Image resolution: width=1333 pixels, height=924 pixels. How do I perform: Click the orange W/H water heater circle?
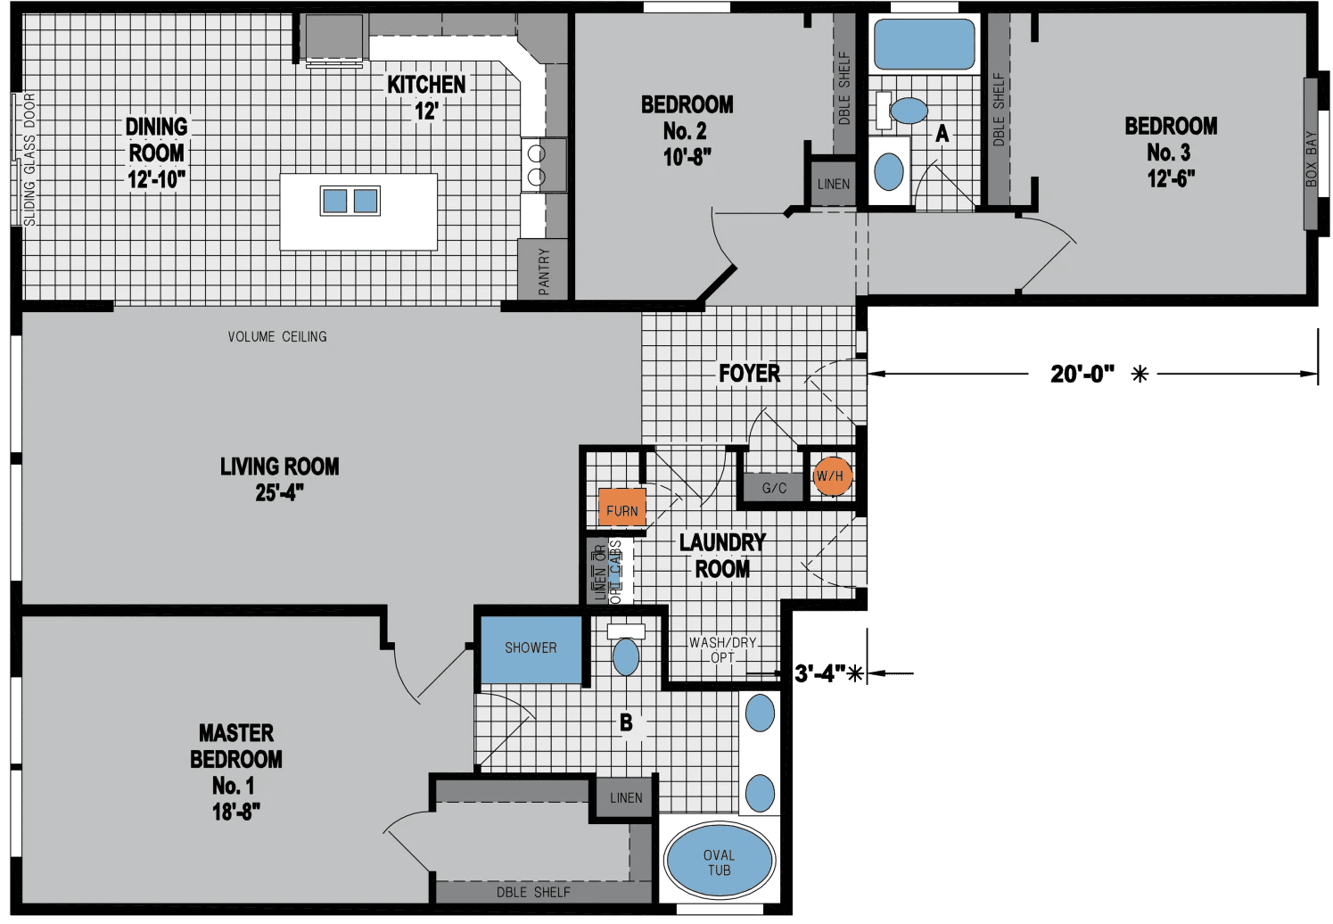(831, 475)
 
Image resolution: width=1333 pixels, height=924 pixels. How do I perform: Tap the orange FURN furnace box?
(621, 508)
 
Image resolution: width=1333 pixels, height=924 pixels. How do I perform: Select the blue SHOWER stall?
(531, 648)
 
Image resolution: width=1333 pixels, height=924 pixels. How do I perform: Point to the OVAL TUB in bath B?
(719, 862)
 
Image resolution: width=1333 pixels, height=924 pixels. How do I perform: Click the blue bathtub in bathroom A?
(924, 44)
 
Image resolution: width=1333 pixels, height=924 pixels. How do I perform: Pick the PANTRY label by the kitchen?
(544, 270)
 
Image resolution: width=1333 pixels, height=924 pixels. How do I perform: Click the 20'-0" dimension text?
(1082, 374)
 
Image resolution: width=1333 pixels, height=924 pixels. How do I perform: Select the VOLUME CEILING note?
(277, 336)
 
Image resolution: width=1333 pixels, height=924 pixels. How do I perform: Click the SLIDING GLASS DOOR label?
(30, 159)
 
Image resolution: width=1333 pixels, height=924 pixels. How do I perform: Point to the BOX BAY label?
(1311, 159)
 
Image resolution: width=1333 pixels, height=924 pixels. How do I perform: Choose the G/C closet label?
(774, 488)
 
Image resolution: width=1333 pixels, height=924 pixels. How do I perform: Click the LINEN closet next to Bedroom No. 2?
(834, 184)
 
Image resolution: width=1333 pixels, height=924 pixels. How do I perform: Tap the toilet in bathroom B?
(626, 656)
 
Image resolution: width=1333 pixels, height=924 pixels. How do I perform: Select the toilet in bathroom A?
(908, 111)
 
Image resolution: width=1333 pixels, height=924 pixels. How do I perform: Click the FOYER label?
(749, 373)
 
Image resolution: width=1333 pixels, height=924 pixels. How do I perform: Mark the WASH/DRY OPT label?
(722, 649)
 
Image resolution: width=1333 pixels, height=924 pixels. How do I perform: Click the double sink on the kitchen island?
(350, 201)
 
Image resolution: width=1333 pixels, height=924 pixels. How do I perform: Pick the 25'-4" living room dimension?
(280, 492)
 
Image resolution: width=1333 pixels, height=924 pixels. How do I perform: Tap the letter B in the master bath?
(626, 722)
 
